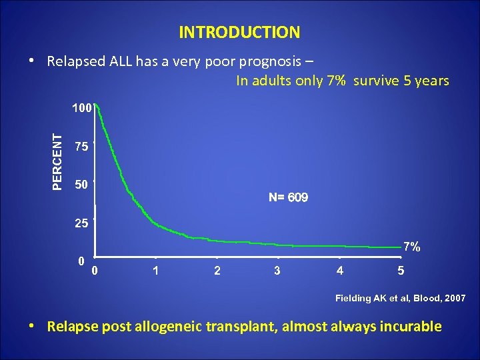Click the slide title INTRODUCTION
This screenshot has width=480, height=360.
click(239, 32)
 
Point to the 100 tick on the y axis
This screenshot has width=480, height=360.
click(81, 107)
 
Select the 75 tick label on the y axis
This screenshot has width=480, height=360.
click(81, 147)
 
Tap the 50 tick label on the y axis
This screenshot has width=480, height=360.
click(81, 185)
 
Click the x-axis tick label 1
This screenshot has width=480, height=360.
click(155, 271)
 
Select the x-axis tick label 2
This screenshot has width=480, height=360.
click(216, 271)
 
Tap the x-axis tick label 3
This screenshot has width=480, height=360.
click(277, 271)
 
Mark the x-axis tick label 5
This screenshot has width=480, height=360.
click(400, 271)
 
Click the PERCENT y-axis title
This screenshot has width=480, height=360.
click(59, 161)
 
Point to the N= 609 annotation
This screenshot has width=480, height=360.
click(288, 198)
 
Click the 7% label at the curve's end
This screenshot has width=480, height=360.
click(411, 247)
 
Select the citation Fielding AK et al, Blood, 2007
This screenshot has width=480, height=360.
click(400, 298)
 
